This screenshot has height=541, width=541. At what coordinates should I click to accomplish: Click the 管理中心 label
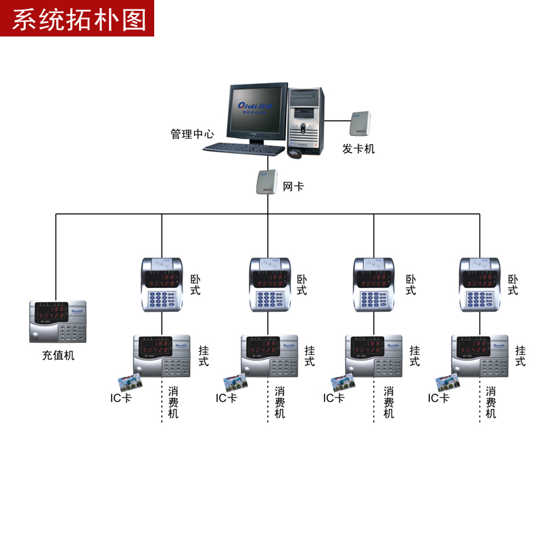tap(192, 135)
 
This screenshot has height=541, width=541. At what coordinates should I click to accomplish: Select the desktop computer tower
tap(305, 118)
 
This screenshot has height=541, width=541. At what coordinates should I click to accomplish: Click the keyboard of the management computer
tap(244, 148)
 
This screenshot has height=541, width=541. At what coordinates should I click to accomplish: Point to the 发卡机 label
tap(358, 149)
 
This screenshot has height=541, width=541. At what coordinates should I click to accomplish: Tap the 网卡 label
tap(293, 186)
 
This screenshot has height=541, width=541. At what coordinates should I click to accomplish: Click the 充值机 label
tap(58, 355)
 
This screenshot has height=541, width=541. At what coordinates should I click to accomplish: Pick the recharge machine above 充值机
tap(60, 321)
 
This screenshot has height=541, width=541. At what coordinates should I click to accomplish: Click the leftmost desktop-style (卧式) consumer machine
tap(162, 285)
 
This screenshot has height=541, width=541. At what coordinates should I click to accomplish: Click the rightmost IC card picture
tap(448, 383)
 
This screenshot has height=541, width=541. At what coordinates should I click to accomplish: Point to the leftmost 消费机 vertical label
tap(174, 402)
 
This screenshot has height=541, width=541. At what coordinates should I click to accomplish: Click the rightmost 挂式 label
tap(521, 356)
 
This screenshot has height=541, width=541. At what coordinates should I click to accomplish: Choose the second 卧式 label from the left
tap(302, 285)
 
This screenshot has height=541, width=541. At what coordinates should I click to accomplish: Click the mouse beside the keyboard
tap(294, 153)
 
